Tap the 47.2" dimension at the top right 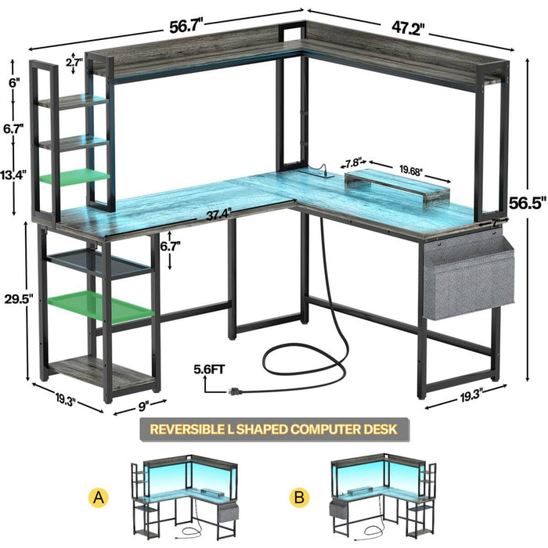click(x=408, y=28)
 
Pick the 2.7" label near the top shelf click(x=74, y=61)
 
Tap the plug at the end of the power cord click(x=232, y=389)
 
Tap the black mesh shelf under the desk click(x=97, y=264)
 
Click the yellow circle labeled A click(x=99, y=496)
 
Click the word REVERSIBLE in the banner click(x=184, y=429)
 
